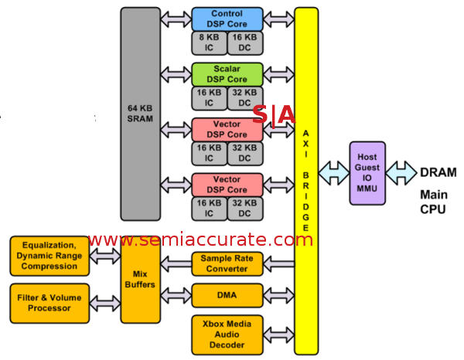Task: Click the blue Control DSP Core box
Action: [x=227, y=19]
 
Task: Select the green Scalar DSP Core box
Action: [x=227, y=74]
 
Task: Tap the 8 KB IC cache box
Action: [x=208, y=42]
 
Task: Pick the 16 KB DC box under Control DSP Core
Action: [x=245, y=42]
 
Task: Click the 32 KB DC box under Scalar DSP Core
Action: [x=245, y=97]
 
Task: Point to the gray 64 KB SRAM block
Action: [x=140, y=114]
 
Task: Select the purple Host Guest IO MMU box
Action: [x=367, y=173]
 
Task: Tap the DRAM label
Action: [x=438, y=172]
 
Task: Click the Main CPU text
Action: [x=433, y=202]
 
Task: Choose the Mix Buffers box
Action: [x=140, y=279]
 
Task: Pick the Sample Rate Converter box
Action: [x=227, y=263]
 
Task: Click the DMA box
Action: [x=227, y=294]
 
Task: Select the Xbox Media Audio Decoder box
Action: [x=227, y=334]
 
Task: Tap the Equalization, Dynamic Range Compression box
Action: [x=49, y=256]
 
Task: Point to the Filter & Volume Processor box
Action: [x=49, y=302]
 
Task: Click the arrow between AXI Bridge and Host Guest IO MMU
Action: [x=333, y=173]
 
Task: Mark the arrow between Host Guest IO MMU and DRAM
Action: [x=401, y=173]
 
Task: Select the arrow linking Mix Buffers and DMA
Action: [x=176, y=294]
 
